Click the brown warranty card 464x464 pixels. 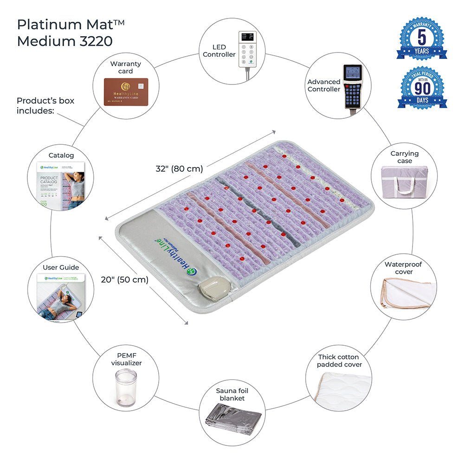[126, 91]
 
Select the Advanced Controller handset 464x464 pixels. [352, 87]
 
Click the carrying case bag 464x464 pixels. [405, 184]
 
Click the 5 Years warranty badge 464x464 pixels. [422, 39]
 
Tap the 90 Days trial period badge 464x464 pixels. [422, 88]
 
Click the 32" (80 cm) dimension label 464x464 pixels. [180, 169]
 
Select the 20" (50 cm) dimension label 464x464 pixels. [125, 280]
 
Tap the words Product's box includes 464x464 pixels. [45, 105]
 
